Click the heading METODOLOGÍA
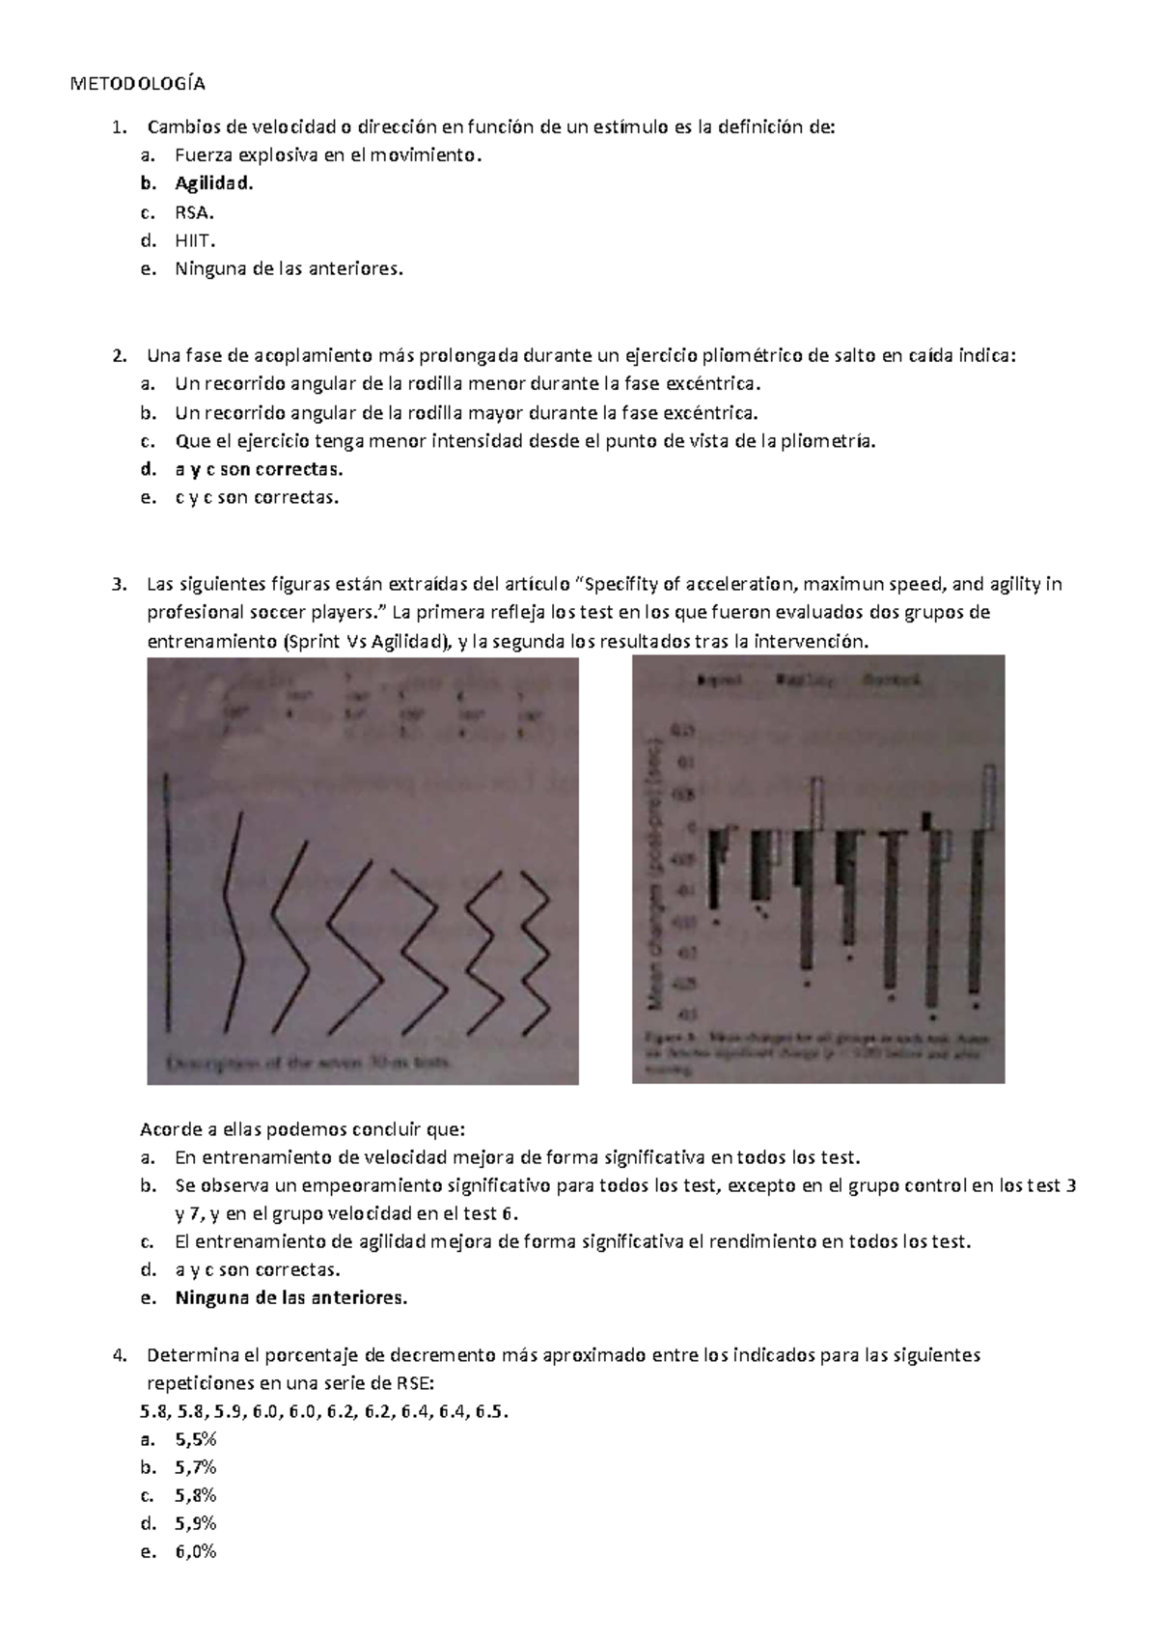click(x=139, y=83)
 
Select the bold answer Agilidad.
click(x=215, y=183)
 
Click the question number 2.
click(x=118, y=355)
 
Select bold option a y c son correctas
click(x=258, y=470)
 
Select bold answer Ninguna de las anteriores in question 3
click(x=290, y=1298)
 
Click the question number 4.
click(x=118, y=1355)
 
